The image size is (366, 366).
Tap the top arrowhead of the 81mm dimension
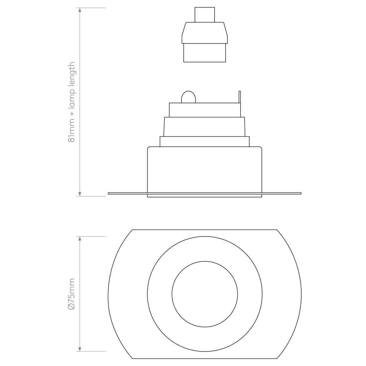tap(80, 10)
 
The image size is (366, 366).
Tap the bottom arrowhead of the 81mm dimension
tap(80, 194)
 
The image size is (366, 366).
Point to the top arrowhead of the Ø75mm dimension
tap(80, 239)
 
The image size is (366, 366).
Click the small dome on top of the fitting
tap(188, 97)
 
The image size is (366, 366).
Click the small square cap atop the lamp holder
tap(205, 15)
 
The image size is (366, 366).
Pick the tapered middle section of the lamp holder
tap(205, 33)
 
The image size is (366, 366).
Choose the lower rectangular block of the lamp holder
tap(205, 53)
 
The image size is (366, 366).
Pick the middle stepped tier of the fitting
tap(205, 127)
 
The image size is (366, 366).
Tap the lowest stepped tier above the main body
tap(205, 141)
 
